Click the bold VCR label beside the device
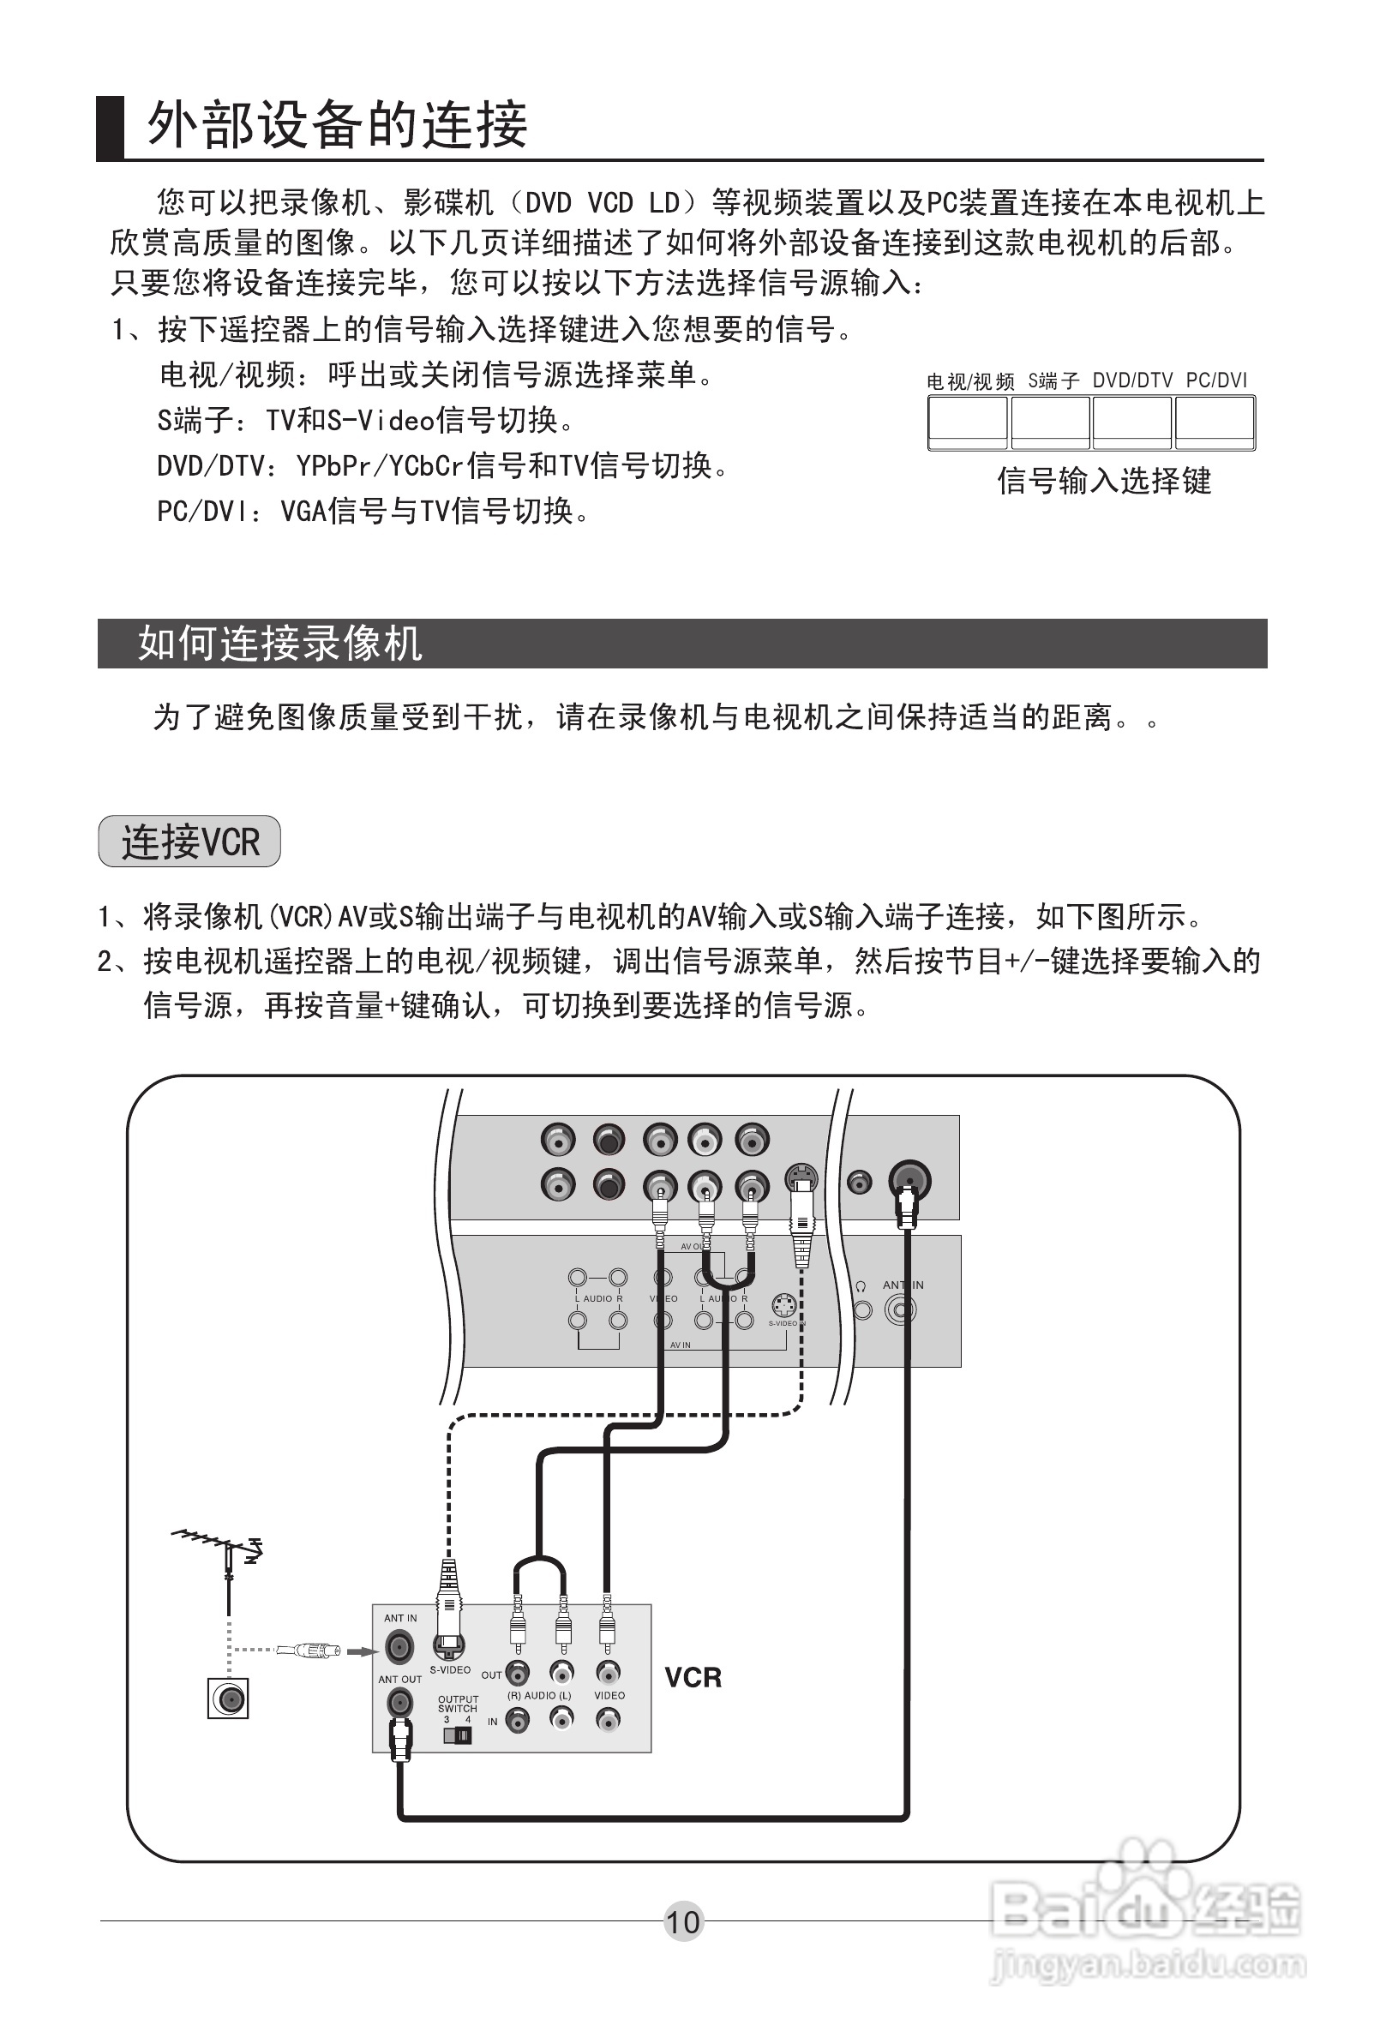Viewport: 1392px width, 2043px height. point(692,1677)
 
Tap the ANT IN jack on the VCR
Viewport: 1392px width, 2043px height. point(399,1645)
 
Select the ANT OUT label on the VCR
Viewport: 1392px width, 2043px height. point(400,1679)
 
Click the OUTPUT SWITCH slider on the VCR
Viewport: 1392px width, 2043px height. point(457,1735)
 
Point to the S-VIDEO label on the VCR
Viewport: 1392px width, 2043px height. point(449,1669)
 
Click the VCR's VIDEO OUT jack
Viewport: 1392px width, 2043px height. point(608,1672)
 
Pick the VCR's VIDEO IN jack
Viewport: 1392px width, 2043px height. point(608,1717)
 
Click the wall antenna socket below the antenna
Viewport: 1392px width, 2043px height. point(228,1699)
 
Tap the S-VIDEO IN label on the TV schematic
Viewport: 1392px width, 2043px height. point(786,1323)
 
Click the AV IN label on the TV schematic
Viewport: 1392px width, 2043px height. point(681,1345)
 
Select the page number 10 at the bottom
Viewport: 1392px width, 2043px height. point(682,1921)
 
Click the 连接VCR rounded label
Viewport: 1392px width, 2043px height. point(189,842)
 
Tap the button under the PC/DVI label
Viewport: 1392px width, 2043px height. point(1215,422)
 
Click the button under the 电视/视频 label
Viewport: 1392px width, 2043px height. point(967,422)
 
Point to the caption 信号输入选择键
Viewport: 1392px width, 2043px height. point(1104,481)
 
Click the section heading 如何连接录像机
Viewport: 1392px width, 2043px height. point(279,644)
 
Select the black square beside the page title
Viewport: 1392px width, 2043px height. point(110,128)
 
